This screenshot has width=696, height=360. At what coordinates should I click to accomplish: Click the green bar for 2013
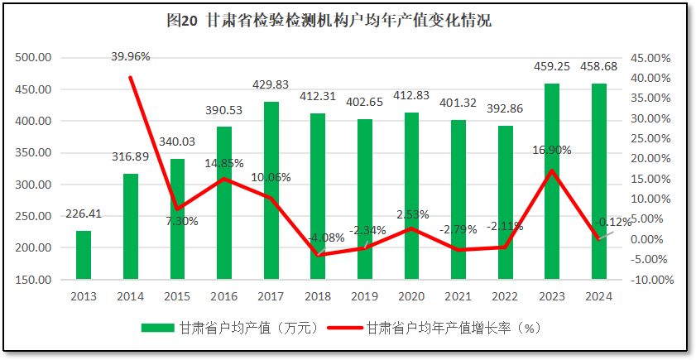pyautogui.click(x=84, y=255)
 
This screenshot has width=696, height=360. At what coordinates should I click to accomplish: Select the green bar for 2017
pyautogui.click(x=271, y=190)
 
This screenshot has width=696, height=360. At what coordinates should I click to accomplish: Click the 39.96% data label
pyautogui.click(x=131, y=56)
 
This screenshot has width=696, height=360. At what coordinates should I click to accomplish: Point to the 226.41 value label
pyautogui.click(x=84, y=214)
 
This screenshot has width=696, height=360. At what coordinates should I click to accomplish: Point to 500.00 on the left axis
pyautogui.click(x=34, y=58)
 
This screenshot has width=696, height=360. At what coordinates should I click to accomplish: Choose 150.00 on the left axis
pyautogui.click(x=34, y=280)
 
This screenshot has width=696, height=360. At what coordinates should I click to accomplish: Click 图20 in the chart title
pyautogui.click(x=181, y=21)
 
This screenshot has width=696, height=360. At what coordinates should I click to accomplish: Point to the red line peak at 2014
pyautogui.click(x=131, y=77)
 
